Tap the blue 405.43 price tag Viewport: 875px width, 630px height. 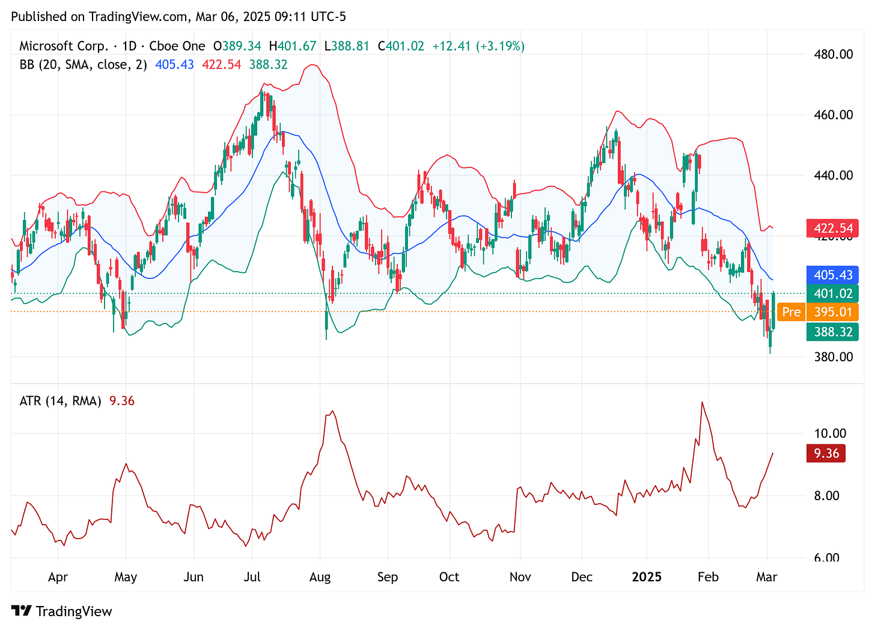(x=832, y=275)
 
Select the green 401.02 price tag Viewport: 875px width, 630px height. (x=832, y=294)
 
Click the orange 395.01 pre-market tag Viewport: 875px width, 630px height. (x=832, y=312)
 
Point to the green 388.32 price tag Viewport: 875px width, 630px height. (x=832, y=332)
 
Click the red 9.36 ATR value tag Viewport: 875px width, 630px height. (x=826, y=453)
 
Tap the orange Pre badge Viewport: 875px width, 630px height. (x=791, y=312)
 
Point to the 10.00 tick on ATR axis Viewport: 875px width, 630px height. (x=829, y=433)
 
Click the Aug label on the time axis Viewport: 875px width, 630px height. (x=320, y=577)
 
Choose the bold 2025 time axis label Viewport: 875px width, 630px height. (x=647, y=577)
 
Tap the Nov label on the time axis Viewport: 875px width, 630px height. (x=520, y=577)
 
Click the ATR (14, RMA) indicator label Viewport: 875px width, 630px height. (x=60, y=401)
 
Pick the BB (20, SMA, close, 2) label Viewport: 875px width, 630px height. (x=83, y=64)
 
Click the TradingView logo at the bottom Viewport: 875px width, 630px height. (x=62, y=611)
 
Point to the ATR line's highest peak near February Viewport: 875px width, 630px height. (x=701, y=402)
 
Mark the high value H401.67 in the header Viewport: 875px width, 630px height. (x=292, y=46)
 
